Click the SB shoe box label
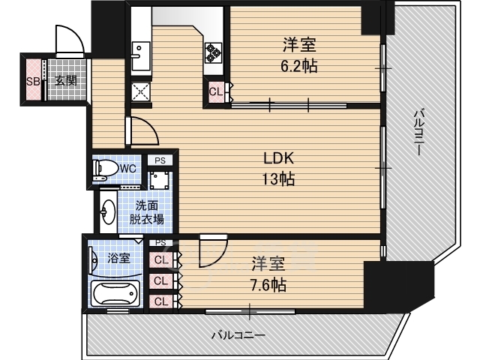click(33, 82)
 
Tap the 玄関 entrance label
click(65, 81)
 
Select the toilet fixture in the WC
click(105, 169)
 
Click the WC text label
click(128, 168)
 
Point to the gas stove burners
click(213, 52)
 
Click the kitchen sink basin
click(141, 56)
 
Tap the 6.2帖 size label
click(298, 66)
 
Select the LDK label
click(279, 158)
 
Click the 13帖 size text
click(278, 178)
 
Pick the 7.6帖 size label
click(268, 285)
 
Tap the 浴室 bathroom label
click(118, 258)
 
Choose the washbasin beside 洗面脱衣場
click(108, 211)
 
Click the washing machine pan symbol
click(160, 180)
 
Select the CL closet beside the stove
click(216, 91)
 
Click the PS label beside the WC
click(160, 160)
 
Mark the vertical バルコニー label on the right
click(419, 133)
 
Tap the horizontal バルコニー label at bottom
click(238, 336)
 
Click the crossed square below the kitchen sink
click(141, 91)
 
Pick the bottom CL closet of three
click(161, 301)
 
